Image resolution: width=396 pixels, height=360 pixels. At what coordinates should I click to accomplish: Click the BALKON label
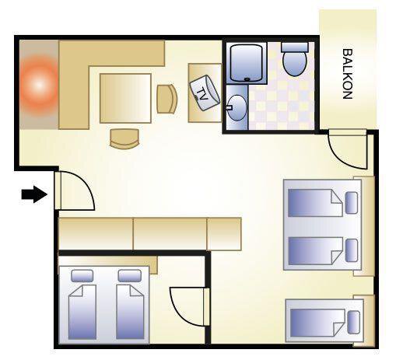348,74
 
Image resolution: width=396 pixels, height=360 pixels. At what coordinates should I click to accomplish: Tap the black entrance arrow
34,194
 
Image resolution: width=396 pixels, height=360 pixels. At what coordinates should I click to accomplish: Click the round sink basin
237,108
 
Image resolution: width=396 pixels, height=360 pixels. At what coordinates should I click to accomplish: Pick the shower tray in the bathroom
247,64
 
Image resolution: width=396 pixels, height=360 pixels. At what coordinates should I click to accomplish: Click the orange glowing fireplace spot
39,85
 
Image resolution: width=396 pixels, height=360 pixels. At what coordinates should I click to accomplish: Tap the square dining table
125,98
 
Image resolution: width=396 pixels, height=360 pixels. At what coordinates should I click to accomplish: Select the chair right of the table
167,99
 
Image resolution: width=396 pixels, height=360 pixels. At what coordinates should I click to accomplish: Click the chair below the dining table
124,139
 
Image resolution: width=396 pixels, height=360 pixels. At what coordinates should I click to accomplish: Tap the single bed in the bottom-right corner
324,320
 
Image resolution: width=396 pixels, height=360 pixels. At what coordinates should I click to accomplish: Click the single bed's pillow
353,322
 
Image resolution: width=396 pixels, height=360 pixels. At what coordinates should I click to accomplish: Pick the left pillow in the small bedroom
82,276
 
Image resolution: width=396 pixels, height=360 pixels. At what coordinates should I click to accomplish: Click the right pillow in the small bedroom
130,276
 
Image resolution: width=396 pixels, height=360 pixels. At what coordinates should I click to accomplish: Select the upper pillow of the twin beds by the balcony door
352,203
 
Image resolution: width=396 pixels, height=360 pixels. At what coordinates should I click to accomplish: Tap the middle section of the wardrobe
170,234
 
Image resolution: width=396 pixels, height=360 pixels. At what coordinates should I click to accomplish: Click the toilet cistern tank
295,47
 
